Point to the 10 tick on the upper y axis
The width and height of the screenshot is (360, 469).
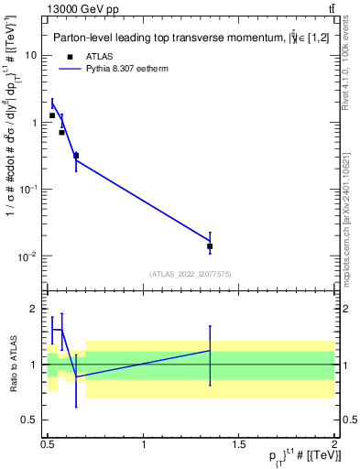pos(32,55)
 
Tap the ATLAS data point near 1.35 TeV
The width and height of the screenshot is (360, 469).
pos(210,246)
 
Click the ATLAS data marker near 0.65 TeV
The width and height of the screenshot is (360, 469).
pos(76,156)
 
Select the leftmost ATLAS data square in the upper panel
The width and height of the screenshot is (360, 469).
pos(52,115)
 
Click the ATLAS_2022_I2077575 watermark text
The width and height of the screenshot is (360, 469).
pos(190,274)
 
